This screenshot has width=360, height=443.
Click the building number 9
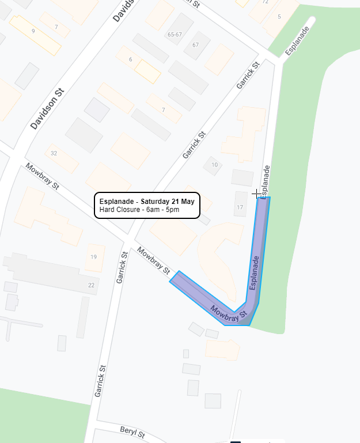click(33, 31)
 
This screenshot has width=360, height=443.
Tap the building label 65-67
click(175, 35)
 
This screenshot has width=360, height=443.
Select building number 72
click(265, 2)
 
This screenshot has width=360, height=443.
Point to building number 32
click(54, 153)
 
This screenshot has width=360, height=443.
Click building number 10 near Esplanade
click(214, 165)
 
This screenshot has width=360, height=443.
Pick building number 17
click(240, 207)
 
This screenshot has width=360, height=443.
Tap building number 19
click(93, 257)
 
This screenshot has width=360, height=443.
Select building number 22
click(91, 285)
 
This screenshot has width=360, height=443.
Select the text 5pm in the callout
click(173, 210)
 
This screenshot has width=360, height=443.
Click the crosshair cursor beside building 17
click(257, 194)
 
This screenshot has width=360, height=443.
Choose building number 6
click(131, 60)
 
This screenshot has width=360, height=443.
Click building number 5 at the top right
click(279, 17)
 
